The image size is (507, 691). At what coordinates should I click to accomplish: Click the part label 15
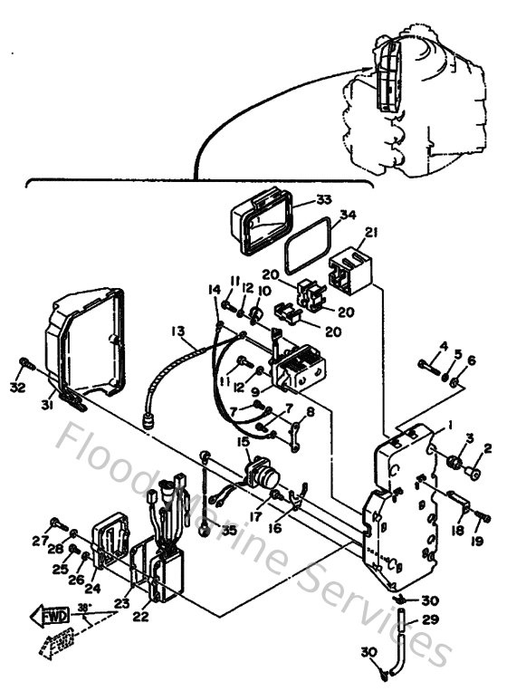(x=243, y=441)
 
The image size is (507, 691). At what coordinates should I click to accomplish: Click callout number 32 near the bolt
(x=18, y=388)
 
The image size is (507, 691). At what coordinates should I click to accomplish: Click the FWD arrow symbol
(x=48, y=618)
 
